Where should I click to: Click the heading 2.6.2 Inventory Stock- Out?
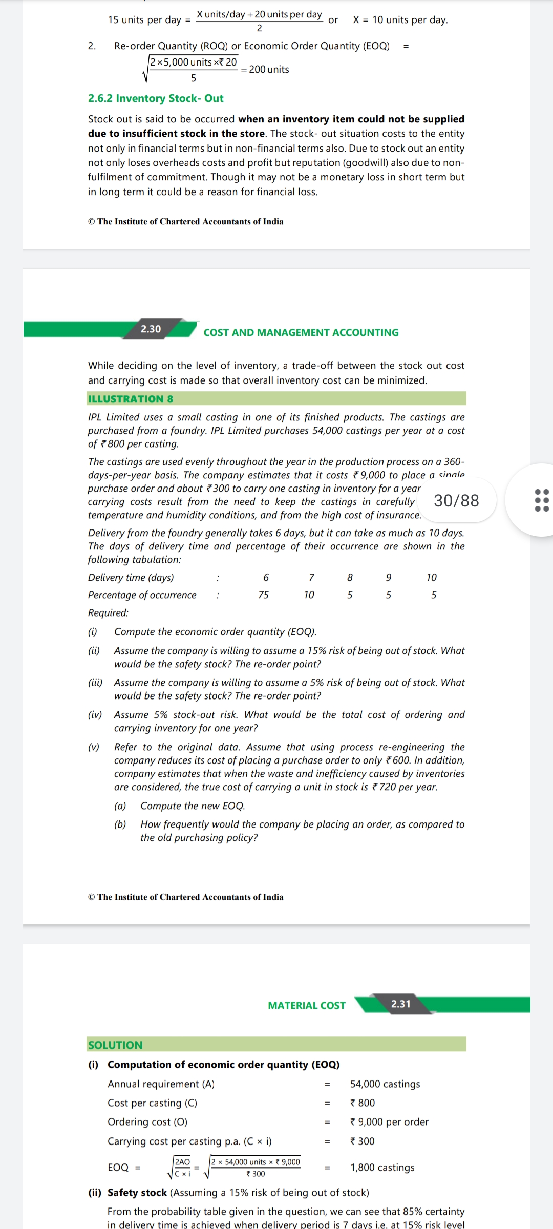click(156, 98)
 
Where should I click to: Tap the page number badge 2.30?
click(151, 329)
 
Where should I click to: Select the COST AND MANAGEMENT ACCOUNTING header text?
click(301, 332)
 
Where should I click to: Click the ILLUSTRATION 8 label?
click(131, 399)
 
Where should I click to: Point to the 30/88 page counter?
click(456, 500)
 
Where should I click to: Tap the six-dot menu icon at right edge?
click(541, 500)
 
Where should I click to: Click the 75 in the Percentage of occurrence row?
click(263, 595)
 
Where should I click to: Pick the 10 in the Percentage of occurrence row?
click(309, 595)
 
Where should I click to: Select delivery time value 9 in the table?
click(389, 578)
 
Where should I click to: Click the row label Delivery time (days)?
click(131, 578)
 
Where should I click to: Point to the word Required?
click(109, 613)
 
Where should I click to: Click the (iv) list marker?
click(95, 715)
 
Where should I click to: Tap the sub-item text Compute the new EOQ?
click(193, 806)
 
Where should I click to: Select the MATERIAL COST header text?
click(307, 1005)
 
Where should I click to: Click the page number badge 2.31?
click(401, 1004)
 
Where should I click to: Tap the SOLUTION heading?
click(115, 1045)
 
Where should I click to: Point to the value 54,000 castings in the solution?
click(385, 1084)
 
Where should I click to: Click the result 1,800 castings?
click(382, 1168)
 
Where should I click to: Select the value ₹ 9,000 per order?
click(389, 1122)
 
